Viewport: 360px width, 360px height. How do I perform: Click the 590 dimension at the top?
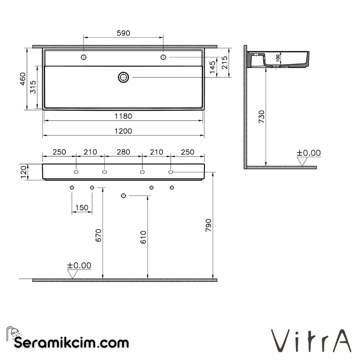[123, 33]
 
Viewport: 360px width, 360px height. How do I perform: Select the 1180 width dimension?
[123, 116]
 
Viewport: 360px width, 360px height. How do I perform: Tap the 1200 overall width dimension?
[123, 131]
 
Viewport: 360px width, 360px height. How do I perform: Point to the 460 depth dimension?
[23, 79]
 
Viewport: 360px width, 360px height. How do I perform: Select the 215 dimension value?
[225, 62]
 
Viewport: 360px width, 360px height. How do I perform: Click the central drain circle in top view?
[123, 77]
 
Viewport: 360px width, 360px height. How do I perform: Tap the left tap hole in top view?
[83, 57]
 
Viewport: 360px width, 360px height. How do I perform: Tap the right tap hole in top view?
[163, 57]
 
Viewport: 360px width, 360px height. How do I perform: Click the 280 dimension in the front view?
[123, 152]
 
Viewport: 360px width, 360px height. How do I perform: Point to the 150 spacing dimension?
[82, 208]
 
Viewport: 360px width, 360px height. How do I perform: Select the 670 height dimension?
[98, 235]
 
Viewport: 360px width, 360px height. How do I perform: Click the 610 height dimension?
[143, 237]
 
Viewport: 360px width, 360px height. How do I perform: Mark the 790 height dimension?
[208, 226]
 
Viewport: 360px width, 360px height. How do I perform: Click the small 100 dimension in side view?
[278, 58]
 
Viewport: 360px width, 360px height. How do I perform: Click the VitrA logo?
[311, 340]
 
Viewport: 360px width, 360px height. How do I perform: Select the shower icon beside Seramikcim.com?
[14, 332]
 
